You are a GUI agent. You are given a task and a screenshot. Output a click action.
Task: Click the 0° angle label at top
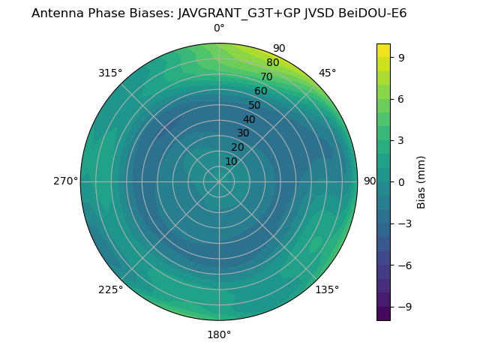(219, 28)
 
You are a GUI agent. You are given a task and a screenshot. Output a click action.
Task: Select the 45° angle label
(327, 73)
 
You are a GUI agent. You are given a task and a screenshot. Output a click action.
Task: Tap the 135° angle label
(327, 289)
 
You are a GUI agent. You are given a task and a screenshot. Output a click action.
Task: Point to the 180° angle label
(219, 334)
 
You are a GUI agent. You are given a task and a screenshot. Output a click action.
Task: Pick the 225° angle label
(110, 290)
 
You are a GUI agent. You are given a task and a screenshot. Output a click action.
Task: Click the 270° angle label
(65, 181)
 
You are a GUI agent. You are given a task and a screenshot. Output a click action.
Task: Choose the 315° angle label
(110, 73)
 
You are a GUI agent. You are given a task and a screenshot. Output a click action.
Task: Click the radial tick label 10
(231, 161)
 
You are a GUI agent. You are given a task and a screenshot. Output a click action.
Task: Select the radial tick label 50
(255, 106)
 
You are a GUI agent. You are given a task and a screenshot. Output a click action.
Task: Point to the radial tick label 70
(267, 77)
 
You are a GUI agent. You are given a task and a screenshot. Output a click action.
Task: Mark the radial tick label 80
(272, 63)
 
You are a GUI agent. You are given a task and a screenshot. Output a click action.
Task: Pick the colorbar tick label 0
(400, 181)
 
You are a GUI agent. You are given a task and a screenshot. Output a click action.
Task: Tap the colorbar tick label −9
(403, 307)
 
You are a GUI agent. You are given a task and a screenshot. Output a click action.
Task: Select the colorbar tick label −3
(403, 223)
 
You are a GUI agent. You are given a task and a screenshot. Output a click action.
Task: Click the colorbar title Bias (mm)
(421, 181)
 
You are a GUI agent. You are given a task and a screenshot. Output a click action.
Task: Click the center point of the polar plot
(219, 181)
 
